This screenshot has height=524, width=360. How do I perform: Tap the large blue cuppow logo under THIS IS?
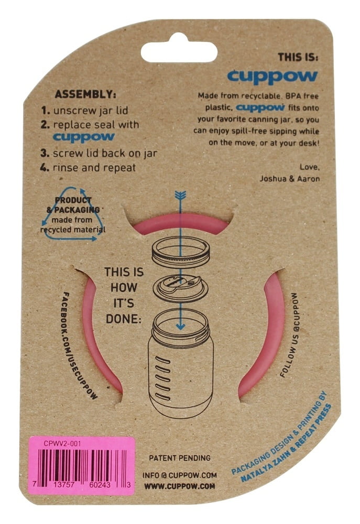(x=272, y=76)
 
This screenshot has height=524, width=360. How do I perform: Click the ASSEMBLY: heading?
(x=85, y=94)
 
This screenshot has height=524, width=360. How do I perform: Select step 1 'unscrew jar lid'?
(x=84, y=110)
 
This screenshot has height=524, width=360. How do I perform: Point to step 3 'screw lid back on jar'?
(x=99, y=154)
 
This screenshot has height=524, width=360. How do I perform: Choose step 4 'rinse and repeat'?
(x=88, y=168)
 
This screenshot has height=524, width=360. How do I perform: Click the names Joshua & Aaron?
(x=289, y=179)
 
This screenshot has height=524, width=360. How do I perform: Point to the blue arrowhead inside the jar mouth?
(x=180, y=325)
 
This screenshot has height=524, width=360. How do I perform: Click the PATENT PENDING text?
(x=180, y=458)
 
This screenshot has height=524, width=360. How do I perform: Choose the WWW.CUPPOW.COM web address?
(x=180, y=486)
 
